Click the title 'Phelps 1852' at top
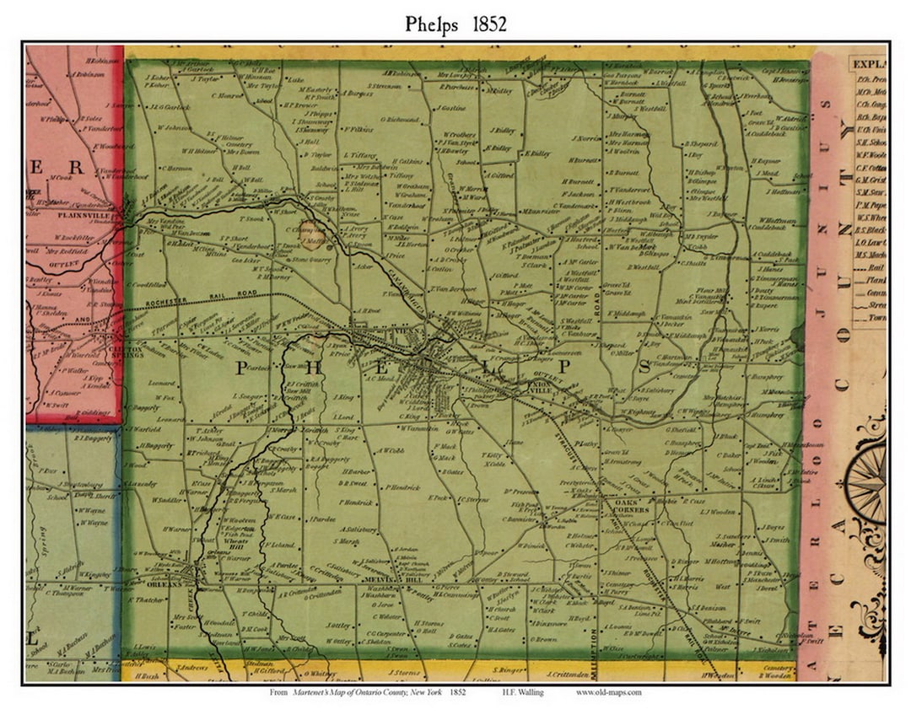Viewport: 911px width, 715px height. [455, 24]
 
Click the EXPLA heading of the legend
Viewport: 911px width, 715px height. [868, 62]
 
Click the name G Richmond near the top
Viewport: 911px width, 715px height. [399, 120]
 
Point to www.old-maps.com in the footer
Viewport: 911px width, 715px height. [609, 691]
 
